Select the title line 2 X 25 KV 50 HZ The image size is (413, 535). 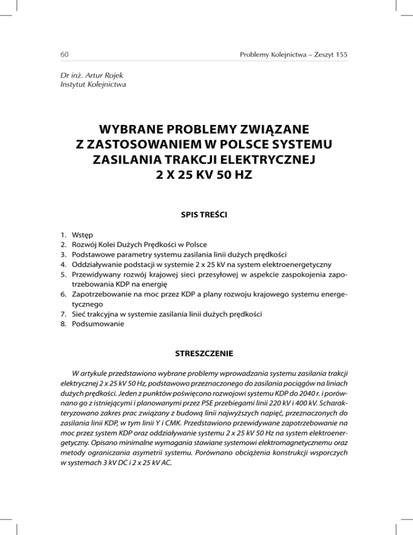click(x=206, y=175)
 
